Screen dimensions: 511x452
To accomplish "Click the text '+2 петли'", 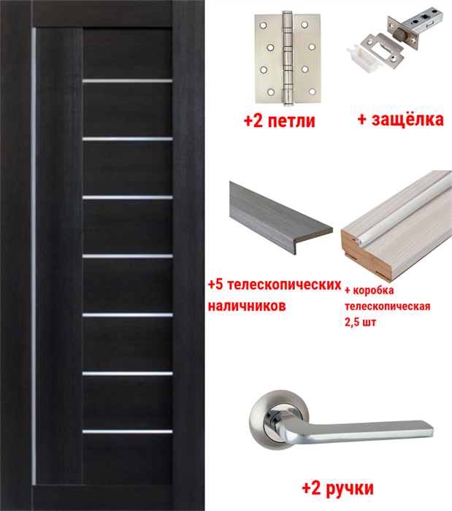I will (x=279, y=120).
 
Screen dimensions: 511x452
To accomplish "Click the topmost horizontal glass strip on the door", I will (x=128, y=80).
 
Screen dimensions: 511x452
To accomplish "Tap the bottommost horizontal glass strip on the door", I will (x=128, y=431).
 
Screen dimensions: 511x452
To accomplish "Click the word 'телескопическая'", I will (x=386, y=306).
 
